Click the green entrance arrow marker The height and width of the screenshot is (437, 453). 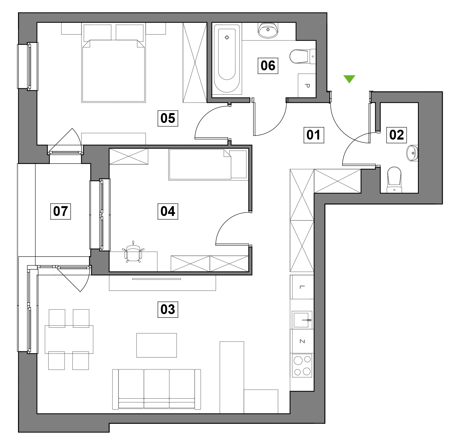click(x=349, y=79)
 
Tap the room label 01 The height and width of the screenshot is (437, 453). click(x=313, y=135)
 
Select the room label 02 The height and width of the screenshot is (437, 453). click(x=396, y=135)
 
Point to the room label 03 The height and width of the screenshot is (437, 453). click(x=168, y=309)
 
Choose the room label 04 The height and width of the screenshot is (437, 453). click(x=168, y=211)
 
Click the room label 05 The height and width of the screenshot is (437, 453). click(x=168, y=118)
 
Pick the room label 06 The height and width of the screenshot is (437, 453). click(x=268, y=66)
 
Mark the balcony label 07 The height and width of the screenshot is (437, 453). click(x=60, y=211)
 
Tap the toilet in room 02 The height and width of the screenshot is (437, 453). click(x=394, y=180)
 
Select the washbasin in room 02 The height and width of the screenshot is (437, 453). click(x=412, y=153)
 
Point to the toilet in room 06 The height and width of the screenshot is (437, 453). click(x=303, y=56)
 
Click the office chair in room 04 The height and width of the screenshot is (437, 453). click(x=133, y=252)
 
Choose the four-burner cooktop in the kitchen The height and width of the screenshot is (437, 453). click(x=302, y=366)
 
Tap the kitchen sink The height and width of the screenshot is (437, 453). click(x=302, y=320)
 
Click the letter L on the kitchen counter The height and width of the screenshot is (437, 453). click(x=302, y=287)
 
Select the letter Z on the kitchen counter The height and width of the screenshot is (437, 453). click(x=302, y=341)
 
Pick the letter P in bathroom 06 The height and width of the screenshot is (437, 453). click(x=307, y=86)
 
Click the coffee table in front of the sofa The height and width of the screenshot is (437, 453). click(x=157, y=345)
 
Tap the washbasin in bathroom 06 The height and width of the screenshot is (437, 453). click(x=268, y=30)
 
